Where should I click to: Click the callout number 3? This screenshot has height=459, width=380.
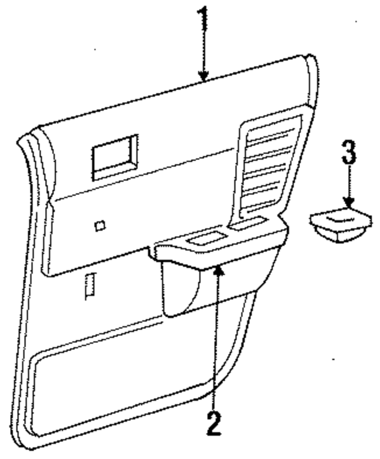click(x=349, y=152)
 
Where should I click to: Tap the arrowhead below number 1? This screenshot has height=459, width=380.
click(x=204, y=76)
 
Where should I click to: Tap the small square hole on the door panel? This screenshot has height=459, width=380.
click(x=100, y=226)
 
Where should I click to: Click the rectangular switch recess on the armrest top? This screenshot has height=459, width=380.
click(x=205, y=239)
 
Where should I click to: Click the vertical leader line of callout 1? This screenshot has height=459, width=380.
click(x=204, y=49)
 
